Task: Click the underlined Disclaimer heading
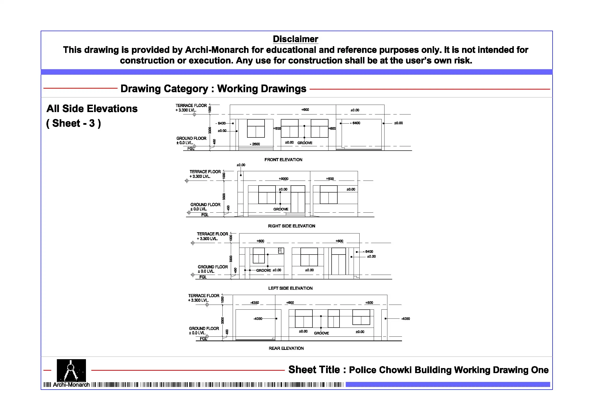coord(295,39)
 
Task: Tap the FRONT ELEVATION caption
coord(283,160)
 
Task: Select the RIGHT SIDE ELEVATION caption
coord(292,226)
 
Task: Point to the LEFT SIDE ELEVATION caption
coord(290,288)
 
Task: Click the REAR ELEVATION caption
coord(286,348)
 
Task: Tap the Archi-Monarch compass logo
coord(71,370)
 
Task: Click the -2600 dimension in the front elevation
coord(255,144)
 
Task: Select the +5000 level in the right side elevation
coord(283,179)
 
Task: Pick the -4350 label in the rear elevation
coord(255,302)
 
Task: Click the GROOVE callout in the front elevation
coord(305,143)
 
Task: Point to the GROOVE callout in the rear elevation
coord(321,333)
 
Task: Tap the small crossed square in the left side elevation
coord(280,250)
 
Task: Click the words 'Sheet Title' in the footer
coord(314,370)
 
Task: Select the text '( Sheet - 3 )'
coord(74,124)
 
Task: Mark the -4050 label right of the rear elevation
coord(405,319)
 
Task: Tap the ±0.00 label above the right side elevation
coord(241,165)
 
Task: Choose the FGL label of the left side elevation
coord(203,277)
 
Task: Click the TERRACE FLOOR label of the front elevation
coord(191,106)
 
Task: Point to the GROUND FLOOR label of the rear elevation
coord(204,328)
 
